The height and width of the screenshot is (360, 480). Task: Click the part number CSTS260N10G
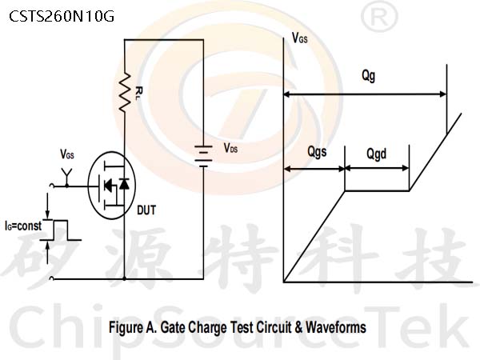click(62, 17)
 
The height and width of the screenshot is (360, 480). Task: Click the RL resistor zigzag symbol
click(125, 92)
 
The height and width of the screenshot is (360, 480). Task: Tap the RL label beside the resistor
click(138, 94)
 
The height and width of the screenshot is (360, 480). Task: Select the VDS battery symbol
click(203, 157)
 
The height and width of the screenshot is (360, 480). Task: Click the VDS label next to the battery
click(230, 148)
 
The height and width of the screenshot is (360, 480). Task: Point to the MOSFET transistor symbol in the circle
click(111, 186)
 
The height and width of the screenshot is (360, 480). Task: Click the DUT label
click(146, 210)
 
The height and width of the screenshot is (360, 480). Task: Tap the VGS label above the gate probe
click(67, 154)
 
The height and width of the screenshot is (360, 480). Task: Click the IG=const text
click(23, 226)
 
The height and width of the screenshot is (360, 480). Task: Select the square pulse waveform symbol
click(62, 230)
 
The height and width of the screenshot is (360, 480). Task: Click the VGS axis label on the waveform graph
click(300, 38)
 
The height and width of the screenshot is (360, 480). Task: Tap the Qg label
click(368, 76)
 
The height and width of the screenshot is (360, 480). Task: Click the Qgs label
click(317, 152)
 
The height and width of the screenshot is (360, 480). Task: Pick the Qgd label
click(377, 154)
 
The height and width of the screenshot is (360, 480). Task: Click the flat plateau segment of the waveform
click(377, 190)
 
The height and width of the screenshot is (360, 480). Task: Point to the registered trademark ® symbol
click(379, 18)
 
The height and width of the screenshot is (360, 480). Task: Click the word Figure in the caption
click(126, 327)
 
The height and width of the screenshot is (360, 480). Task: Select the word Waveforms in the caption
click(336, 327)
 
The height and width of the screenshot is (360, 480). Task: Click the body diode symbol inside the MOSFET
click(124, 184)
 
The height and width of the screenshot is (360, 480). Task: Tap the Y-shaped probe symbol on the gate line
click(66, 177)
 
